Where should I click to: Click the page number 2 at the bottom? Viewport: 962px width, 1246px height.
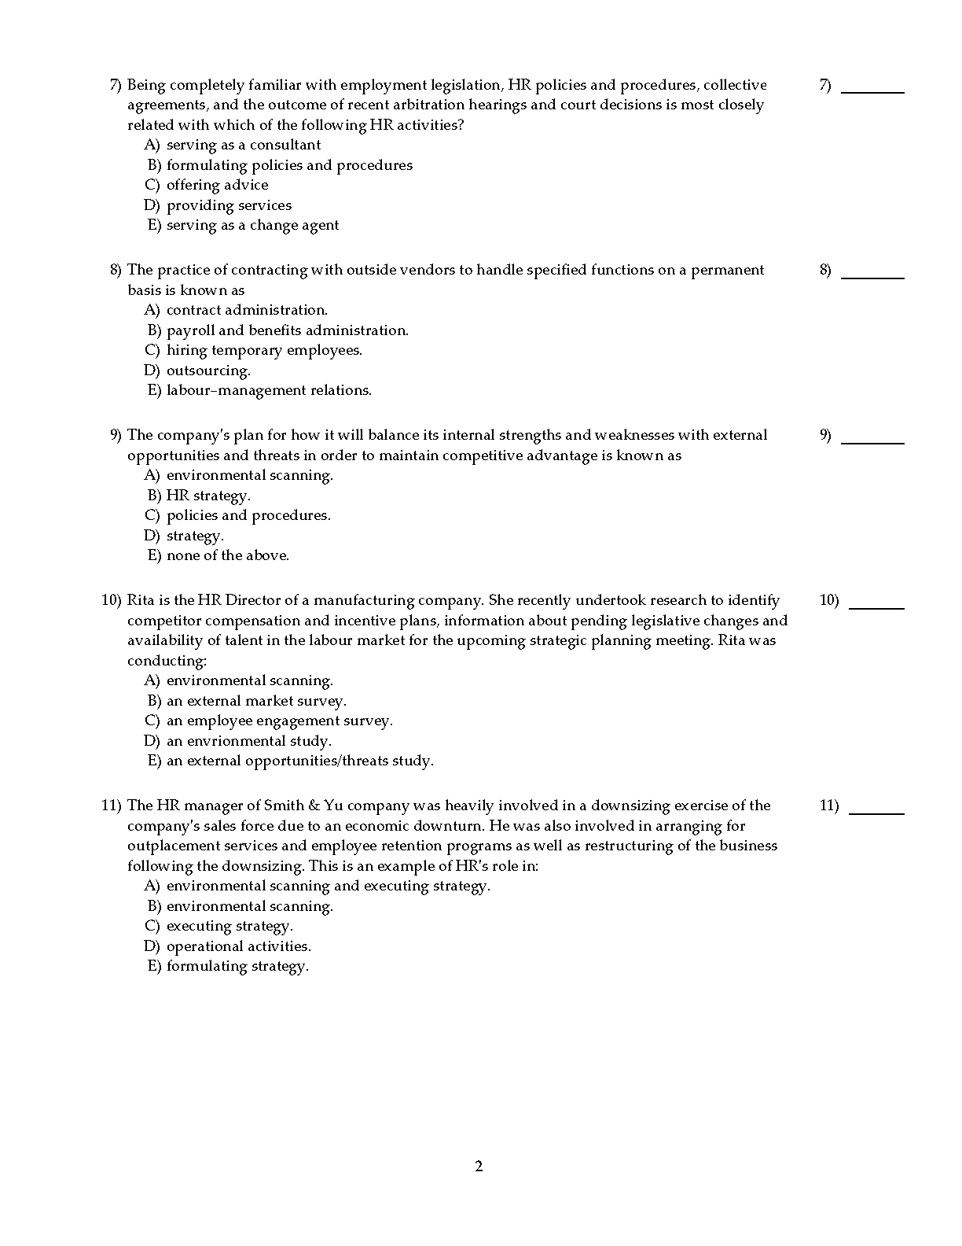coord(479,1167)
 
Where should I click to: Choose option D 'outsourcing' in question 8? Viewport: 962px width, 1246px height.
coord(207,370)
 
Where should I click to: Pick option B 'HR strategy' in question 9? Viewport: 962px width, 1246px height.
coord(208,496)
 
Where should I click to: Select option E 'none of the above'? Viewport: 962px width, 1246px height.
coord(227,555)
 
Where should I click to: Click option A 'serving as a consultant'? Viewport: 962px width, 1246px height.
coord(243,145)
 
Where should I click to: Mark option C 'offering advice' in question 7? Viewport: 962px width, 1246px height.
coord(217,185)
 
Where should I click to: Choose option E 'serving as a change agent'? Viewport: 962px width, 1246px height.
coord(252,225)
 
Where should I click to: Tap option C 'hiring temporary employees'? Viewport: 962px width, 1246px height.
coord(264,350)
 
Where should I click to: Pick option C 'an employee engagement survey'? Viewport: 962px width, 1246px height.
coord(279,721)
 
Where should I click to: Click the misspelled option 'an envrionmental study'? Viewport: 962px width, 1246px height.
coord(248,741)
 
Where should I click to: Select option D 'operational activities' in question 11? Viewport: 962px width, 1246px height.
coord(238,946)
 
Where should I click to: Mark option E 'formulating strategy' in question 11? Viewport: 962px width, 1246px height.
coord(237,966)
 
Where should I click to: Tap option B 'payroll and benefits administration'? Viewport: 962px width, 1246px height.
coord(287,330)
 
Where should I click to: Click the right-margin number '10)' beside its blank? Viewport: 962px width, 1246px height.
coord(829,600)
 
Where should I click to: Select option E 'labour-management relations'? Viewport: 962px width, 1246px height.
coord(269,390)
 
